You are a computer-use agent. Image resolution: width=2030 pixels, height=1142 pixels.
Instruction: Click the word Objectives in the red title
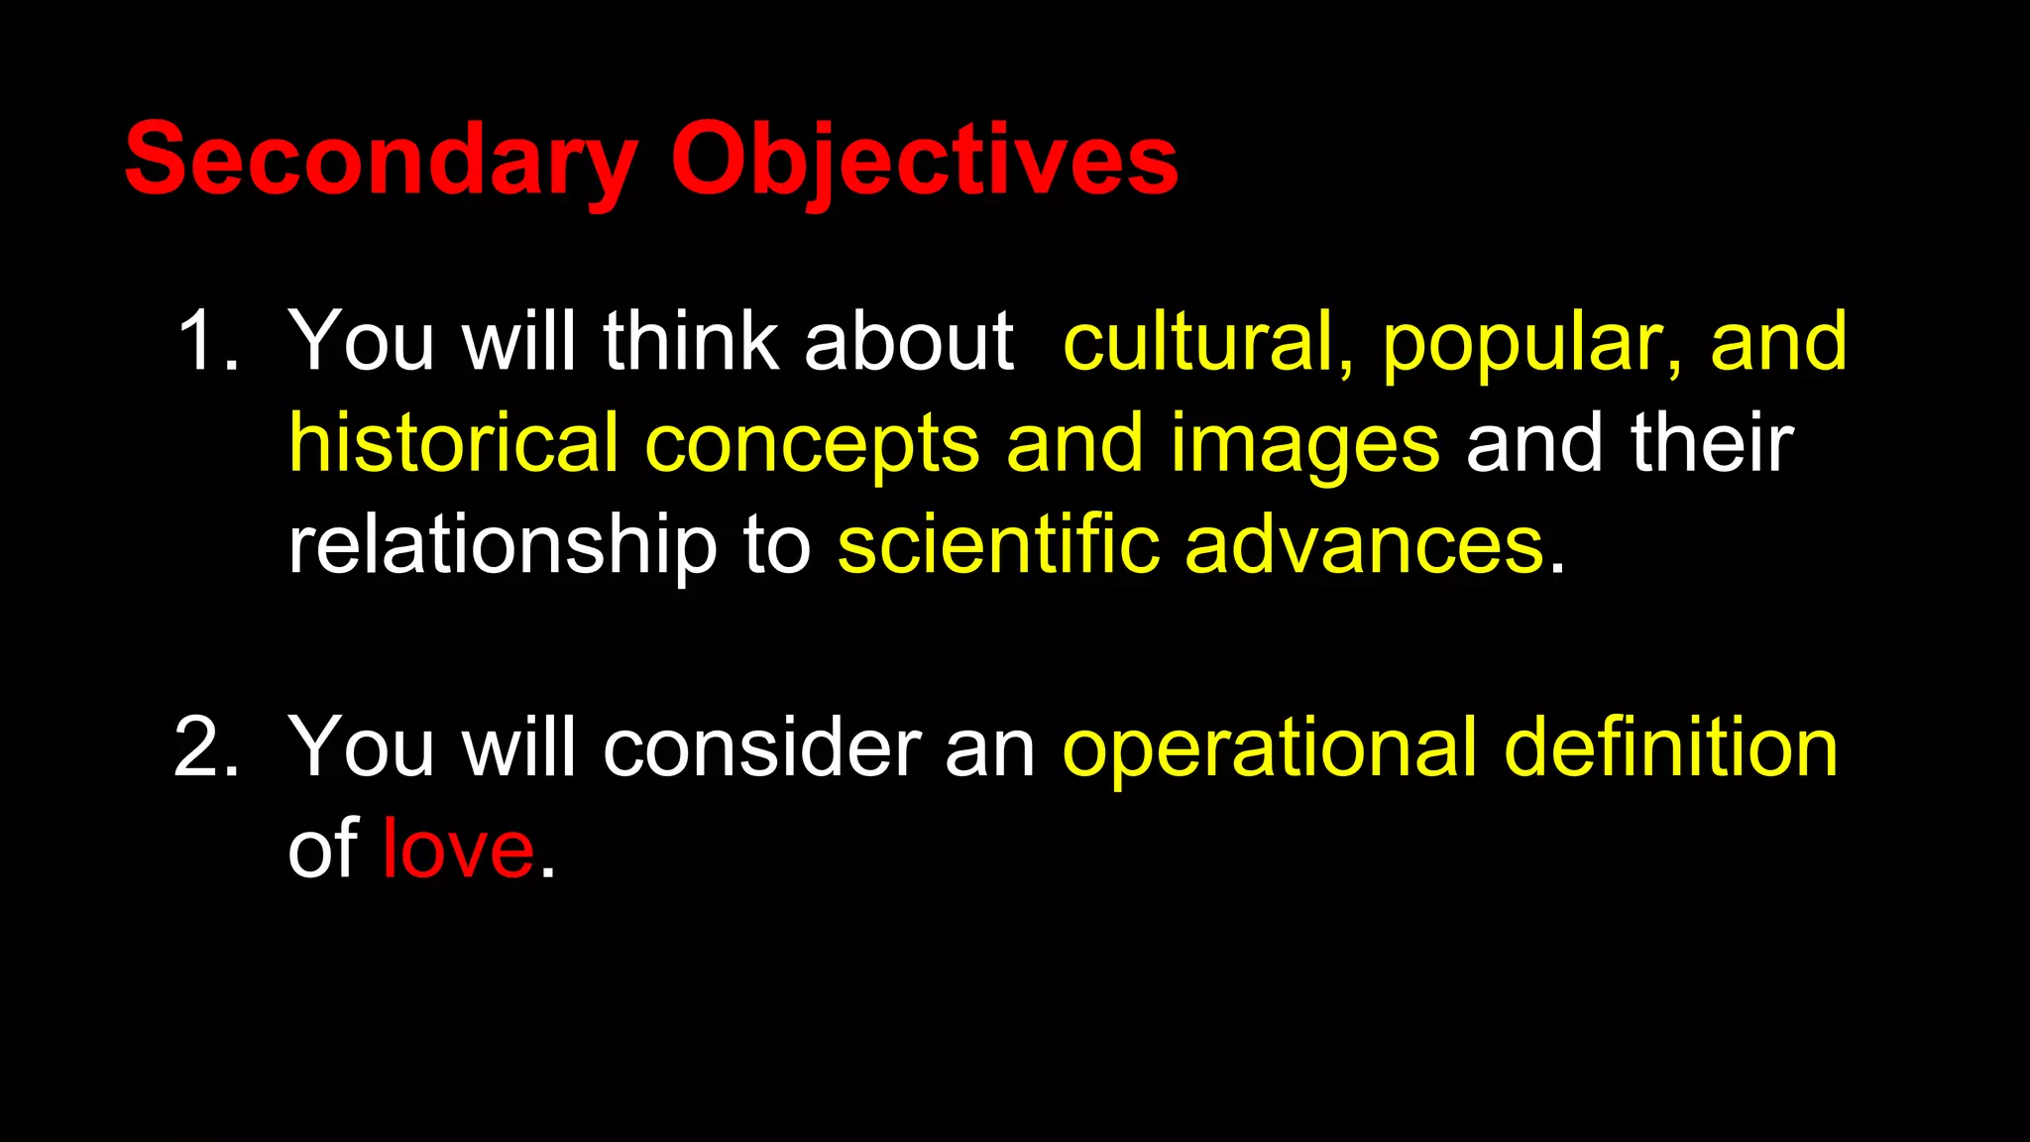coord(924,159)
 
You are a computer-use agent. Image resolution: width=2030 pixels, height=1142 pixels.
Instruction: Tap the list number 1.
coord(206,342)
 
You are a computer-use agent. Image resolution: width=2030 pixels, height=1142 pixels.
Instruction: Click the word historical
coord(453,443)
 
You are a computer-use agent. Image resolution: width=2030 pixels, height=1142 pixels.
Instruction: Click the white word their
coord(1712,443)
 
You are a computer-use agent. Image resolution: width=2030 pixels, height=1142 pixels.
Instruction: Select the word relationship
coord(502,547)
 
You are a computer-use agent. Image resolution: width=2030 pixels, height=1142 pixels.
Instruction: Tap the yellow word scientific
coord(998,545)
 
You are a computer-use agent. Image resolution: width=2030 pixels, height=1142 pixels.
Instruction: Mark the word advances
coord(1365,547)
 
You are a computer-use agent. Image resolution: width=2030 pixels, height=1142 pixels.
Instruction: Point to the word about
coord(909,342)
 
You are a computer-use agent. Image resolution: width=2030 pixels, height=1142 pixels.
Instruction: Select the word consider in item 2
coord(761,748)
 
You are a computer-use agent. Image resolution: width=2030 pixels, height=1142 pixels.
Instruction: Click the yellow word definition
coord(1670,748)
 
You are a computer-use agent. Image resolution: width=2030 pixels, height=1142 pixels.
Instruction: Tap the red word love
coord(458,851)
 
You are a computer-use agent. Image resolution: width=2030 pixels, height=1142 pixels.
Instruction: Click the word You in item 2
coord(361,748)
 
